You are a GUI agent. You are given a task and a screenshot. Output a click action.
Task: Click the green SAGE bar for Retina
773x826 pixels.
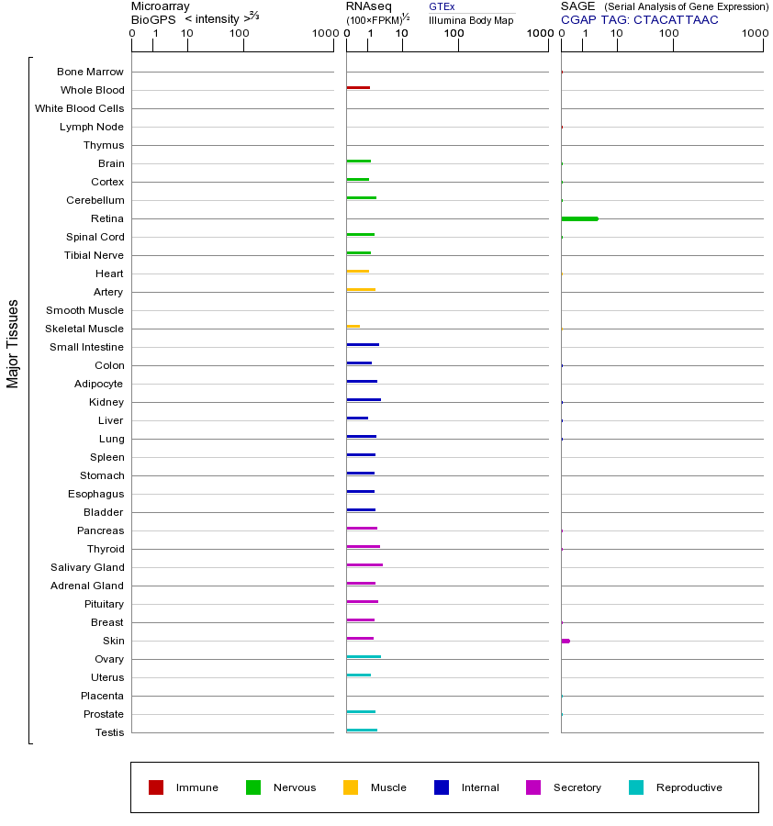[579, 218]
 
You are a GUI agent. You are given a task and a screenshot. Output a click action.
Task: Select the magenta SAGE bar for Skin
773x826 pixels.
[566, 641]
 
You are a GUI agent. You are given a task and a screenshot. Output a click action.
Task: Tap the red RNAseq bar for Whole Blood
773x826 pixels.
[358, 88]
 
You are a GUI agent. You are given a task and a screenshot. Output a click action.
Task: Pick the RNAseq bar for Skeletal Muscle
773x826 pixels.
[353, 327]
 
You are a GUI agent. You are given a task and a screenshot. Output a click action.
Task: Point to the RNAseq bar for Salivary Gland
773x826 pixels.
[364, 565]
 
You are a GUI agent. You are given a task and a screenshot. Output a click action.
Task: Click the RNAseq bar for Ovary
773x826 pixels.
[364, 657]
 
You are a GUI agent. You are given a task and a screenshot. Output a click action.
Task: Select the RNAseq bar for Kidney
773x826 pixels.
[364, 400]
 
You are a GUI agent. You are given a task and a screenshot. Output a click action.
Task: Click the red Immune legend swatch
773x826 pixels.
[156, 787]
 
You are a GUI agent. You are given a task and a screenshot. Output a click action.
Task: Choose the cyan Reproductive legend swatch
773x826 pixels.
[636, 787]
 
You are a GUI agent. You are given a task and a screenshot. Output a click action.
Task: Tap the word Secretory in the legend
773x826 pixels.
[577, 787]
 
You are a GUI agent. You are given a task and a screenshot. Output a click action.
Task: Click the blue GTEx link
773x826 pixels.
[442, 6]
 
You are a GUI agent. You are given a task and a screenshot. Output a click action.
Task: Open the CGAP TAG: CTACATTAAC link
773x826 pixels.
[639, 19]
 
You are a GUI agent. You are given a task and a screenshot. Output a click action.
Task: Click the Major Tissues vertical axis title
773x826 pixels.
[13, 343]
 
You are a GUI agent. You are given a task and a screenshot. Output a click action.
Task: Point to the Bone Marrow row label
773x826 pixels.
[90, 72]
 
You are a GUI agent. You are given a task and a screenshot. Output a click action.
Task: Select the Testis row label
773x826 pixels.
[109, 732]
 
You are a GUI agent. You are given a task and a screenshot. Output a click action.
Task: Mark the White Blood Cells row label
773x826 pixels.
[79, 108]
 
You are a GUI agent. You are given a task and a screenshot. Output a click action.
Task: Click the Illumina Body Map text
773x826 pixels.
[471, 20]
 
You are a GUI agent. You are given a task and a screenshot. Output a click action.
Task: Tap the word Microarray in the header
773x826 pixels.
[161, 6]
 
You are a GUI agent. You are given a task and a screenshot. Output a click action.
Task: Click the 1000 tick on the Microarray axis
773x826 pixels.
[323, 34]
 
